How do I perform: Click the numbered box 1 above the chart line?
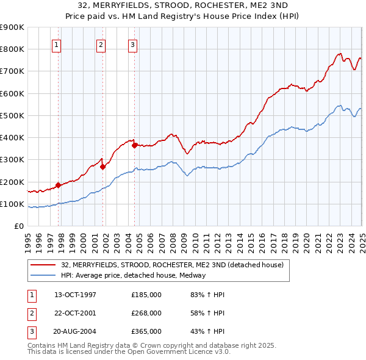56,44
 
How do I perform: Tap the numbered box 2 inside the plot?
101,44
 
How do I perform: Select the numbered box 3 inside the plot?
132,44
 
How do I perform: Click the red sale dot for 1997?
59,185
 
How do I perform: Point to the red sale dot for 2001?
103,167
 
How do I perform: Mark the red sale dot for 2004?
134,145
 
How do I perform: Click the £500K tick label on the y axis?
12,115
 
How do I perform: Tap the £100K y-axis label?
12,204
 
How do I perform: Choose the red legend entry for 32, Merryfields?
172,265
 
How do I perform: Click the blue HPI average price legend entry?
133,275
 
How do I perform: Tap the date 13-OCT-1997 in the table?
75,295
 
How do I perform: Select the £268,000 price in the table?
146,313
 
